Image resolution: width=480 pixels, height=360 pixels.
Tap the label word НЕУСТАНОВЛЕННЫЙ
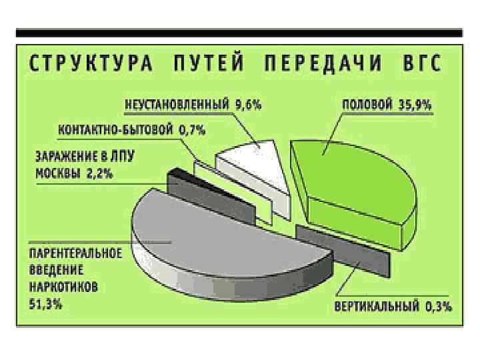tap(177, 105)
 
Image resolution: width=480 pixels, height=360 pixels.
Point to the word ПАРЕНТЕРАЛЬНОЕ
tap(75, 254)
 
